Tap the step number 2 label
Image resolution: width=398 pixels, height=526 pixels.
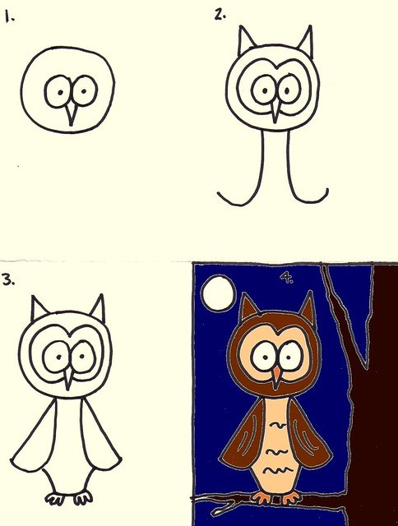[x=219, y=13]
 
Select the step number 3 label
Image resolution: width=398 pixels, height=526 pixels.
[x=8, y=279]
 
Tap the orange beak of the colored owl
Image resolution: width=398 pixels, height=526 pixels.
[x=278, y=375]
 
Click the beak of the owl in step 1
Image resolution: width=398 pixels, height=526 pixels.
[x=72, y=113]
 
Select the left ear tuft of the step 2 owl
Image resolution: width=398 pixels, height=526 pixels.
[x=245, y=41]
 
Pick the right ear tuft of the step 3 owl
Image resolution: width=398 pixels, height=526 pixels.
[x=97, y=309]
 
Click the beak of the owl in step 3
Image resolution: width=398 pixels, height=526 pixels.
[x=68, y=381]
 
